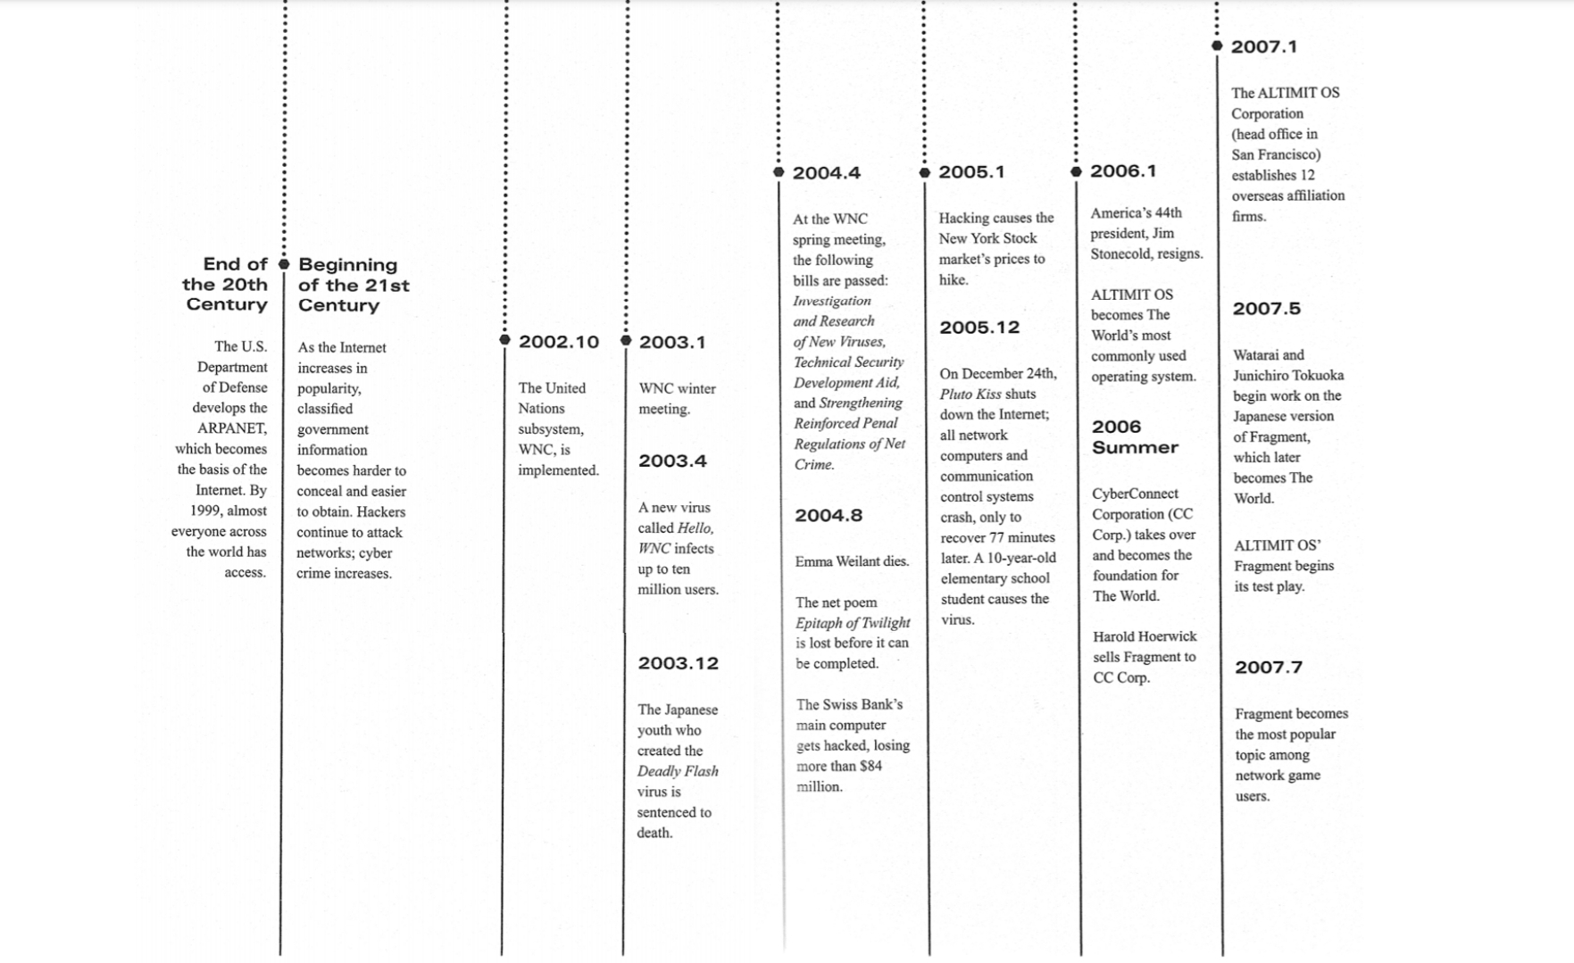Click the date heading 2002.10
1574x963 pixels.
coord(559,342)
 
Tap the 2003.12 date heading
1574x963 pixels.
coord(678,663)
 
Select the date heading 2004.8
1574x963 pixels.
coord(829,515)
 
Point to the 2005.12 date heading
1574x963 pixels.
coord(979,328)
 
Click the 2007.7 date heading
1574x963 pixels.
coord(1268,667)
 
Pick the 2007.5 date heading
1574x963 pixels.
coord(1266,309)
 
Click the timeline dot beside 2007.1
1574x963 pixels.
coord(1217,46)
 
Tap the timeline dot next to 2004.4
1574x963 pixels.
coord(779,171)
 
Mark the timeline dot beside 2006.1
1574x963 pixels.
coord(1076,170)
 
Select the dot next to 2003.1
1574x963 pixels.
coord(626,340)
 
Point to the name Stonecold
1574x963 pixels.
coord(1120,253)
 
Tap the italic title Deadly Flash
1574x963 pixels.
coord(678,771)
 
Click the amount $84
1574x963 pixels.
coord(870,766)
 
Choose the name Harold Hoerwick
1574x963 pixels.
coord(1145,636)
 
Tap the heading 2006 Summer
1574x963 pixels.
coord(1135,437)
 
